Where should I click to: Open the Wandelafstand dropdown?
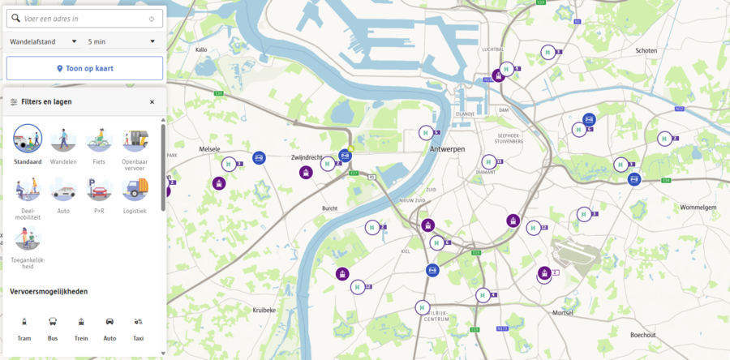pyautogui.click(x=44, y=41)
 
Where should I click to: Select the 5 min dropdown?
pyautogui.click(x=122, y=41)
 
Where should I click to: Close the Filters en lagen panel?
pyautogui.click(x=152, y=102)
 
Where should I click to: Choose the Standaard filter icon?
pyautogui.click(x=28, y=139)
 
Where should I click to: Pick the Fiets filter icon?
pyautogui.click(x=99, y=139)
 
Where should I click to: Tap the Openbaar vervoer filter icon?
pyautogui.click(x=135, y=139)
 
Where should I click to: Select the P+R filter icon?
pyautogui.click(x=99, y=189)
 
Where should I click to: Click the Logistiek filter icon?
pyautogui.click(x=135, y=189)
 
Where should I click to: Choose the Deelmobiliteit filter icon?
pyautogui.click(x=28, y=189)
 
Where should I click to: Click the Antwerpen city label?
pyautogui.click(x=447, y=150)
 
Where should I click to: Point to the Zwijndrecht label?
pyautogui.click(x=307, y=156)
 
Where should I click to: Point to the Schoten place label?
pyautogui.click(x=646, y=50)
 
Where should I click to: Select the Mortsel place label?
pyautogui.click(x=562, y=312)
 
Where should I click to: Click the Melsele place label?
pyautogui.click(x=210, y=149)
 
